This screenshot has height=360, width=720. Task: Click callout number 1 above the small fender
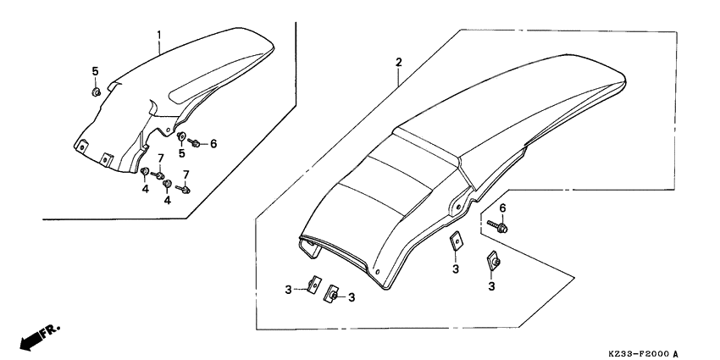(158, 35)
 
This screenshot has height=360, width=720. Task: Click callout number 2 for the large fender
(397, 63)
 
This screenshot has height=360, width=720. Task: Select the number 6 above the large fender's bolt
(502, 208)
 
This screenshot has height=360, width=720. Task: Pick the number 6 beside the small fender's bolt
(213, 144)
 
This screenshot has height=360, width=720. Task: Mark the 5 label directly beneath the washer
(182, 155)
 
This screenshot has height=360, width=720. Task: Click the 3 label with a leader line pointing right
(288, 289)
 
